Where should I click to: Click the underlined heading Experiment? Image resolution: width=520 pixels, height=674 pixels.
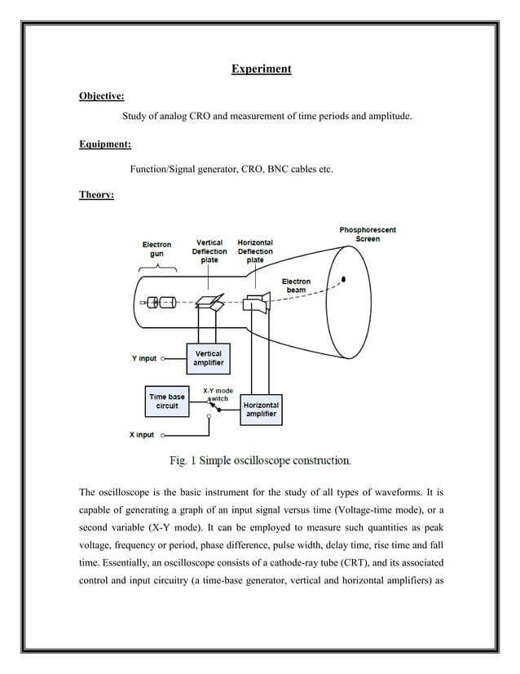[x=261, y=69]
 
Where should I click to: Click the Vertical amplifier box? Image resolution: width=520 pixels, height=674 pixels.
[x=209, y=358]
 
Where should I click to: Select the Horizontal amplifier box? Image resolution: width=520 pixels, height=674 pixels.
[x=261, y=410]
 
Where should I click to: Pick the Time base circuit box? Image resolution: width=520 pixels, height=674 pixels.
[x=167, y=401]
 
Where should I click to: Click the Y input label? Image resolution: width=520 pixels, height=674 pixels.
[x=145, y=358]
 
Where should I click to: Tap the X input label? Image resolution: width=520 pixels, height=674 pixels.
[x=142, y=435]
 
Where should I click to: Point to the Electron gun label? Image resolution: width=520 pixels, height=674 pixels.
[x=156, y=249]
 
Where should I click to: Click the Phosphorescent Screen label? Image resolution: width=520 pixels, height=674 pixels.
[x=368, y=234]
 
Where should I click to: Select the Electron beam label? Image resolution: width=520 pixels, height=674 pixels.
[x=296, y=286]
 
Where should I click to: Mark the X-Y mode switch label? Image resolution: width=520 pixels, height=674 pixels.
[x=218, y=394]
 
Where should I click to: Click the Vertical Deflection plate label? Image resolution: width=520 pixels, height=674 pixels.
[x=209, y=251]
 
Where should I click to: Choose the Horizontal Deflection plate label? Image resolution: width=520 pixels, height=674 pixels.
[x=255, y=251]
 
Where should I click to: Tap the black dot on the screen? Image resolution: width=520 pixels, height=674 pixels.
[x=344, y=278]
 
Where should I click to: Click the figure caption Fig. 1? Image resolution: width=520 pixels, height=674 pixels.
[x=260, y=461]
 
